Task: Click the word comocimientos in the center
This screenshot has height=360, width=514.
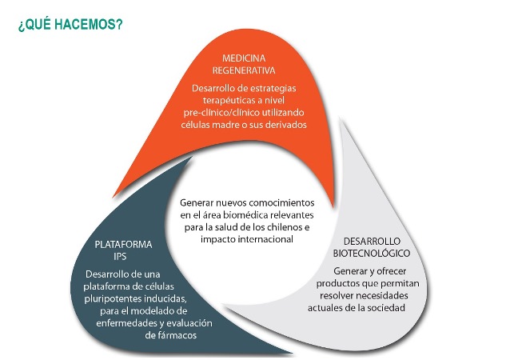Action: click(283, 204)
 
